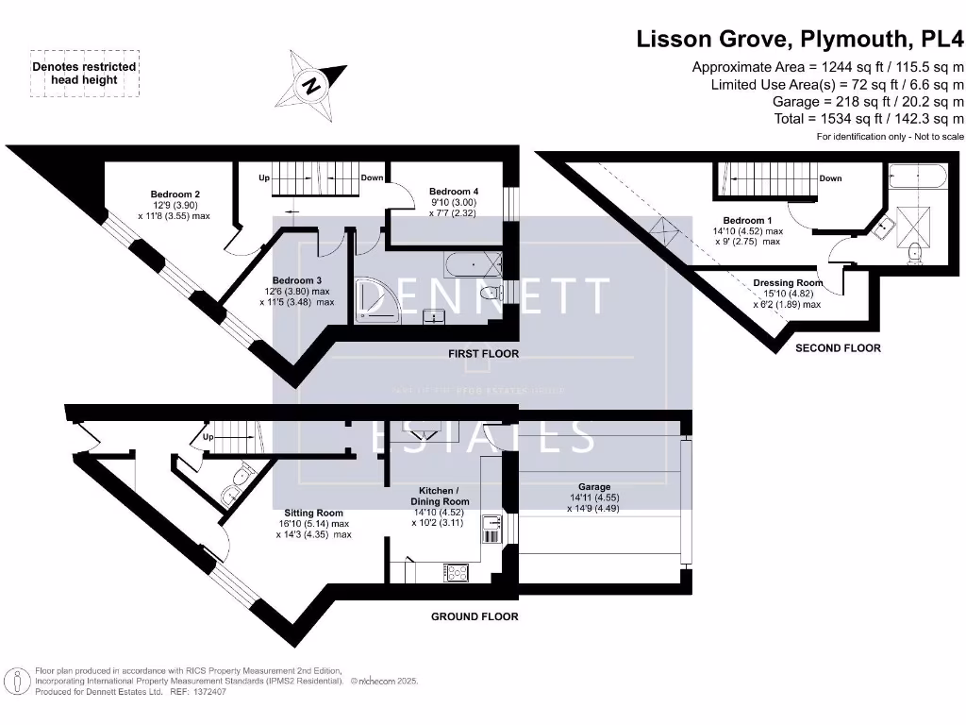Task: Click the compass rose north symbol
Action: coord(310,86)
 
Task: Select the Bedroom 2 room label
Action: coord(175,194)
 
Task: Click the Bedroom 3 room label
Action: coord(297,280)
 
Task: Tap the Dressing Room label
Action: coord(787,283)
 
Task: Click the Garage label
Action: coord(593,487)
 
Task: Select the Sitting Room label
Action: coord(311,513)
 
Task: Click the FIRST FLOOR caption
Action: coord(483,354)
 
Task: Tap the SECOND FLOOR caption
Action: coord(838,348)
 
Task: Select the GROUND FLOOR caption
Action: coord(475,616)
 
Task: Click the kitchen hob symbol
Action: coord(456,571)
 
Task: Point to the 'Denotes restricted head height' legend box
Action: coord(85,74)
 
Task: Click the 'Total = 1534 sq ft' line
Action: coord(869,118)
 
